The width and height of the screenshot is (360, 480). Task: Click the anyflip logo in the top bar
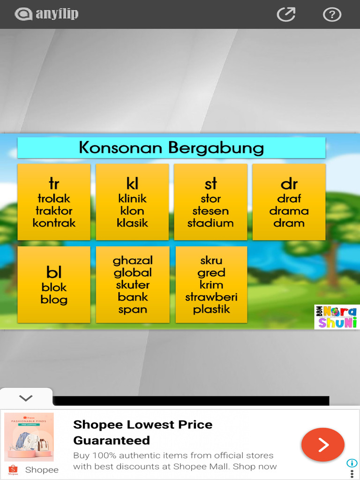point(47,14)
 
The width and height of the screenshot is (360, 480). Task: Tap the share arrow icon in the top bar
point(286,15)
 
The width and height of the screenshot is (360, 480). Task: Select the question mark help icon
point(332,15)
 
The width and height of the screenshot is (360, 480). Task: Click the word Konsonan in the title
point(121,148)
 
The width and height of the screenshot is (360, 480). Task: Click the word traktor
point(54,211)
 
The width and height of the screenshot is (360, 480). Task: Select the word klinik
point(133,198)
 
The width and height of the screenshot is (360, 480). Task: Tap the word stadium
point(210,223)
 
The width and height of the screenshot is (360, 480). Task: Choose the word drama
point(289,211)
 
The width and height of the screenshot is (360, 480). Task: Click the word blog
point(54,300)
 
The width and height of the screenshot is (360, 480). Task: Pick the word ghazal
point(133,260)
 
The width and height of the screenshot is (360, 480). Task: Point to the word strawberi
point(211,297)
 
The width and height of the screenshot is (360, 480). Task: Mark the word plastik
point(211,309)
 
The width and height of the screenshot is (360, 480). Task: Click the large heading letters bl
point(54,272)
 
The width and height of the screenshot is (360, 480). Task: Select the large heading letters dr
point(289,184)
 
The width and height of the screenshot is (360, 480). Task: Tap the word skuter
point(133,285)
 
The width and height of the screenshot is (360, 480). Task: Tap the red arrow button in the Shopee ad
point(322,445)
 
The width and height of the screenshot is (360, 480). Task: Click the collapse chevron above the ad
point(26,398)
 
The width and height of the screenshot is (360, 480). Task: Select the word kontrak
point(54,223)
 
